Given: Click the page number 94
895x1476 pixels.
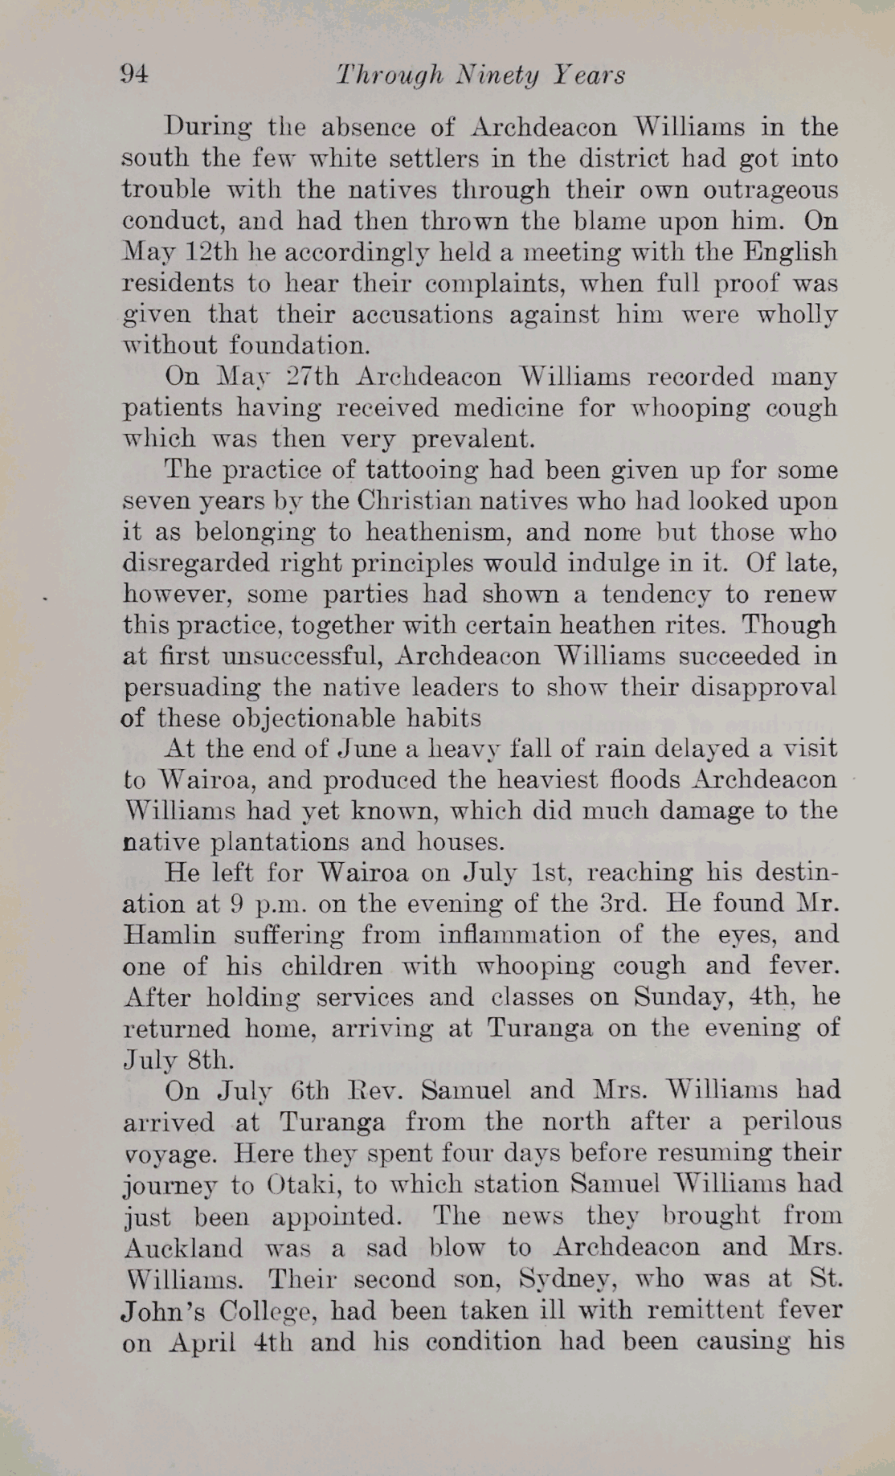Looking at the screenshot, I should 133,75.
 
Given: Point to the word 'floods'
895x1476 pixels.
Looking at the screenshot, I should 646,780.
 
